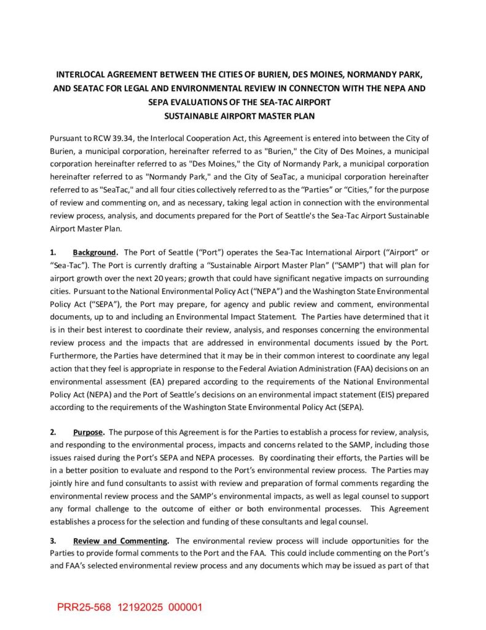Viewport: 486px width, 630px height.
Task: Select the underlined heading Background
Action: click(x=95, y=252)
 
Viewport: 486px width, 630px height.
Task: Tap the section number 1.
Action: click(x=53, y=252)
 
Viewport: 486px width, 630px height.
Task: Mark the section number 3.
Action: click(x=53, y=541)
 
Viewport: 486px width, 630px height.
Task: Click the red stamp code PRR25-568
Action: click(x=85, y=607)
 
